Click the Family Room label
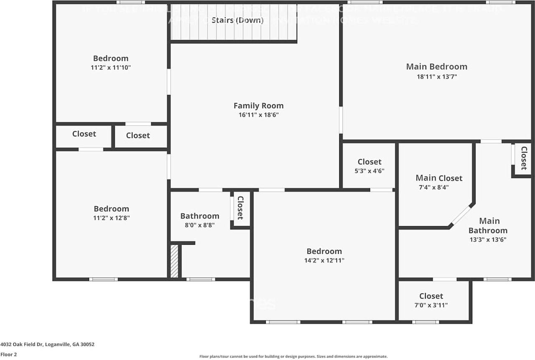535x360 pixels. coord(258,106)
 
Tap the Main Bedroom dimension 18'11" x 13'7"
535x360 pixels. coord(436,77)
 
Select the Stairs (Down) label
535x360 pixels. coord(237,20)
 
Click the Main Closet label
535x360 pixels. coord(439,178)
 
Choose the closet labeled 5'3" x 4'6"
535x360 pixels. coord(369,166)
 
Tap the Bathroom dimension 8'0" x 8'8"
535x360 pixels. coord(199,225)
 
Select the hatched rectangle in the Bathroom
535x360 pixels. coord(174,261)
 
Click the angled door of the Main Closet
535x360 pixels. coord(462,215)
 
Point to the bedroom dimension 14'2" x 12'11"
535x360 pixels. coord(324,260)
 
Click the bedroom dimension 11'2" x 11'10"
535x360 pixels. coord(111,67)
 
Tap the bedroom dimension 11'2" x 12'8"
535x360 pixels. coord(111,218)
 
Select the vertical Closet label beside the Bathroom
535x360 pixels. coord(240,208)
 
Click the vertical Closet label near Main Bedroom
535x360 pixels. coord(523,158)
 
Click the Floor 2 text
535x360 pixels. coord(9,354)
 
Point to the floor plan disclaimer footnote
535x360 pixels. coord(293,357)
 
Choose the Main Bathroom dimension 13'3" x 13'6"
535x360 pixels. coord(488,240)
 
